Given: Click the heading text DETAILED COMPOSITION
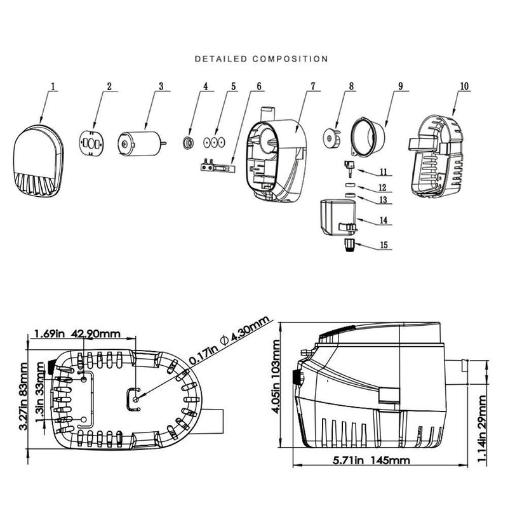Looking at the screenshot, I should (261, 59).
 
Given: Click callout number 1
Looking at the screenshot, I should (53, 85).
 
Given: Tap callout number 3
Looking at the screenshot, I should (161, 85).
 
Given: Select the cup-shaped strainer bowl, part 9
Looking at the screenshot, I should (367, 136).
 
